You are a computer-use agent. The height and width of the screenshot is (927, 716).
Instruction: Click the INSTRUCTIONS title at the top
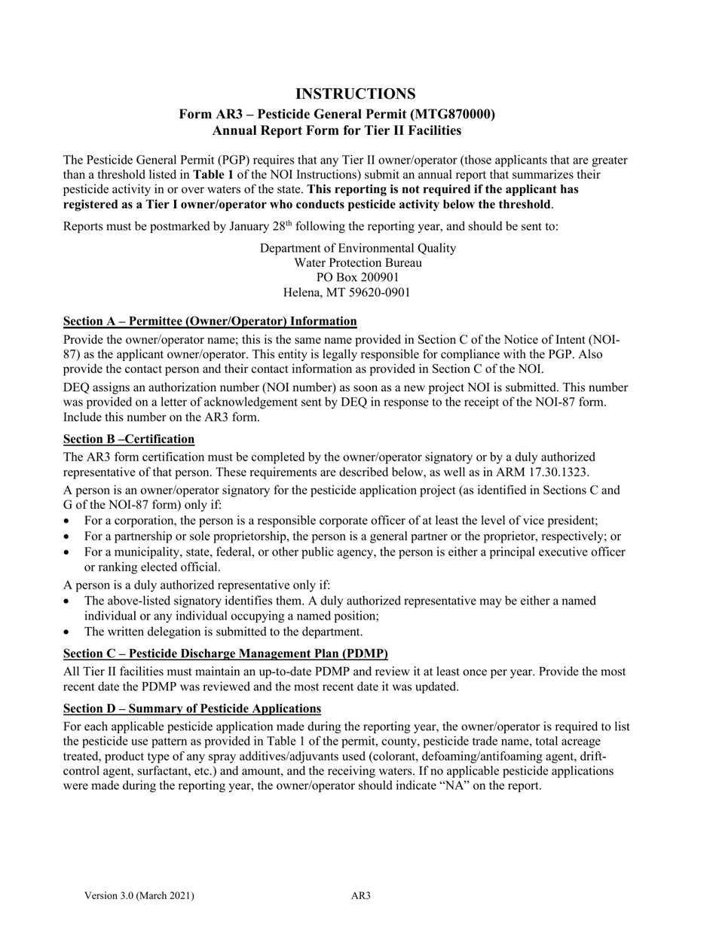(355, 94)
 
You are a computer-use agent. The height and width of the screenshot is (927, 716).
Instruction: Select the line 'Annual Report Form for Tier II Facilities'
(337, 130)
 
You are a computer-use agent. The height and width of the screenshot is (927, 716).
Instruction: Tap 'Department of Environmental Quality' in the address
(357, 248)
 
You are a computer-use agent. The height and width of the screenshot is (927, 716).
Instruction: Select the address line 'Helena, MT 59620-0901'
(347, 292)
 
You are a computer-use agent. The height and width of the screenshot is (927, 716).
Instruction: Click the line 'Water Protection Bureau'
(357, 263)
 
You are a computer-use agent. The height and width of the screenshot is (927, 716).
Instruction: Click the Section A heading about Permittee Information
(210, 321)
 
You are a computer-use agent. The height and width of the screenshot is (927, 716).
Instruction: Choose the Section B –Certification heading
(129, 439)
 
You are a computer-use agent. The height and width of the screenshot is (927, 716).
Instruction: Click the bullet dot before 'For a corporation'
(69, 521)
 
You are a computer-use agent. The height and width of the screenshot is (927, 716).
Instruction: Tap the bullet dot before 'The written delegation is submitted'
(69, 632)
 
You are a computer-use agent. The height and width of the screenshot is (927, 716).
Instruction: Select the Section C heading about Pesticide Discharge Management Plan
(225, 653)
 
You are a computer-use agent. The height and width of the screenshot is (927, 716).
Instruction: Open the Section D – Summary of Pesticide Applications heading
(192, 708)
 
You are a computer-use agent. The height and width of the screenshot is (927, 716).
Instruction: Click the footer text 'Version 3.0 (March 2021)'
(139, 896)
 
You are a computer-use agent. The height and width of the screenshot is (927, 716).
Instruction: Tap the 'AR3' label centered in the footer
(361, 896)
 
